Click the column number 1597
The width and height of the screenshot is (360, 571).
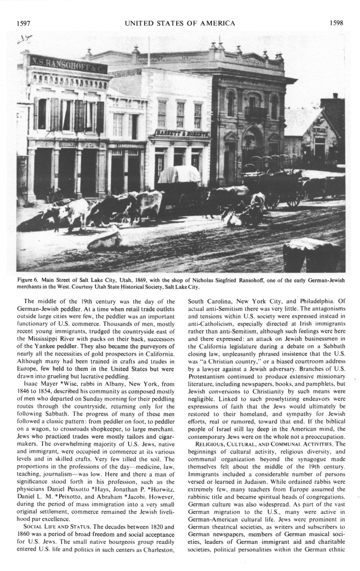click(23, 23)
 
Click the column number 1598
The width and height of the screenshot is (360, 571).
click(338, 23)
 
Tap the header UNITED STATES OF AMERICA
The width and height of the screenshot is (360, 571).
click(180, 23)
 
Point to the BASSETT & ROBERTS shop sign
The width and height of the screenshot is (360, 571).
click(182, 134)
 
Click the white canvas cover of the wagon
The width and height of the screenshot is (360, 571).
click(179, 174)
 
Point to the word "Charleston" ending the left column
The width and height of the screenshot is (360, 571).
click(158, 549)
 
